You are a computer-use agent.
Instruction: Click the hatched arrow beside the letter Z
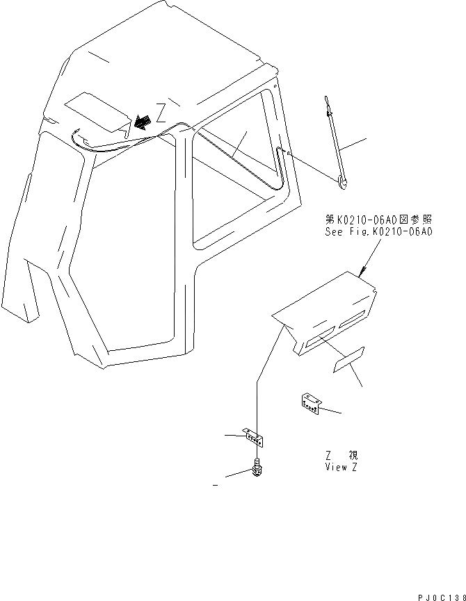tap(144, 122)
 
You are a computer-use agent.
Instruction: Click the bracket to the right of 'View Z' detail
tap(310, 402)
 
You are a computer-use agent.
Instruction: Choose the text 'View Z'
tap(342, 467)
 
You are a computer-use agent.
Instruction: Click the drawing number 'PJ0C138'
tap(440, 595)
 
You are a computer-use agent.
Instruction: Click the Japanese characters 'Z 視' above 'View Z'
tap(342, 456)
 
